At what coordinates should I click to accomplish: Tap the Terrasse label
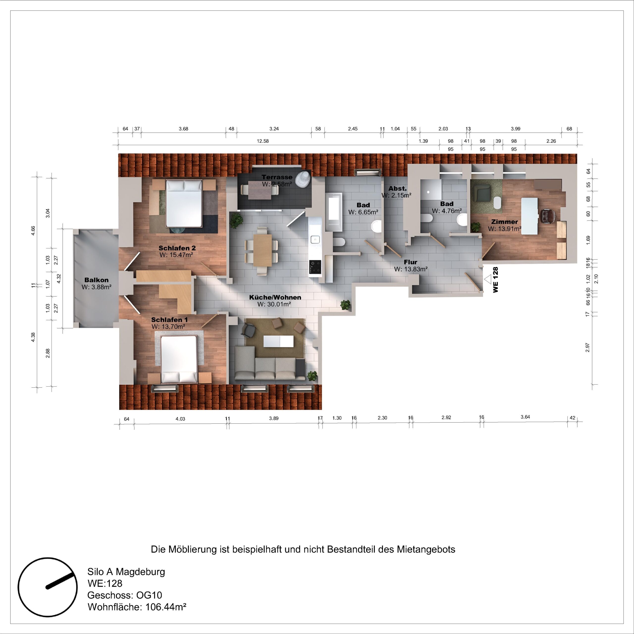(277, 177)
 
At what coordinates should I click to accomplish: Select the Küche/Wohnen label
(275, 297)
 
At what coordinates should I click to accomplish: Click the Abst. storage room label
(397, 188)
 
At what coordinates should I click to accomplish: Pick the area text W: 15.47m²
(176, 255)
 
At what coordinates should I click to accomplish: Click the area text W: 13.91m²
(504, 229)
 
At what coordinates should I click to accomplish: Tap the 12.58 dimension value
(263, 141)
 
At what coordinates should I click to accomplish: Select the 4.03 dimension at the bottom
(180, 419)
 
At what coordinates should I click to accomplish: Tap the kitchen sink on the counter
(315, 239)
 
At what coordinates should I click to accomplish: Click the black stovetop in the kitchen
(315, 264)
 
